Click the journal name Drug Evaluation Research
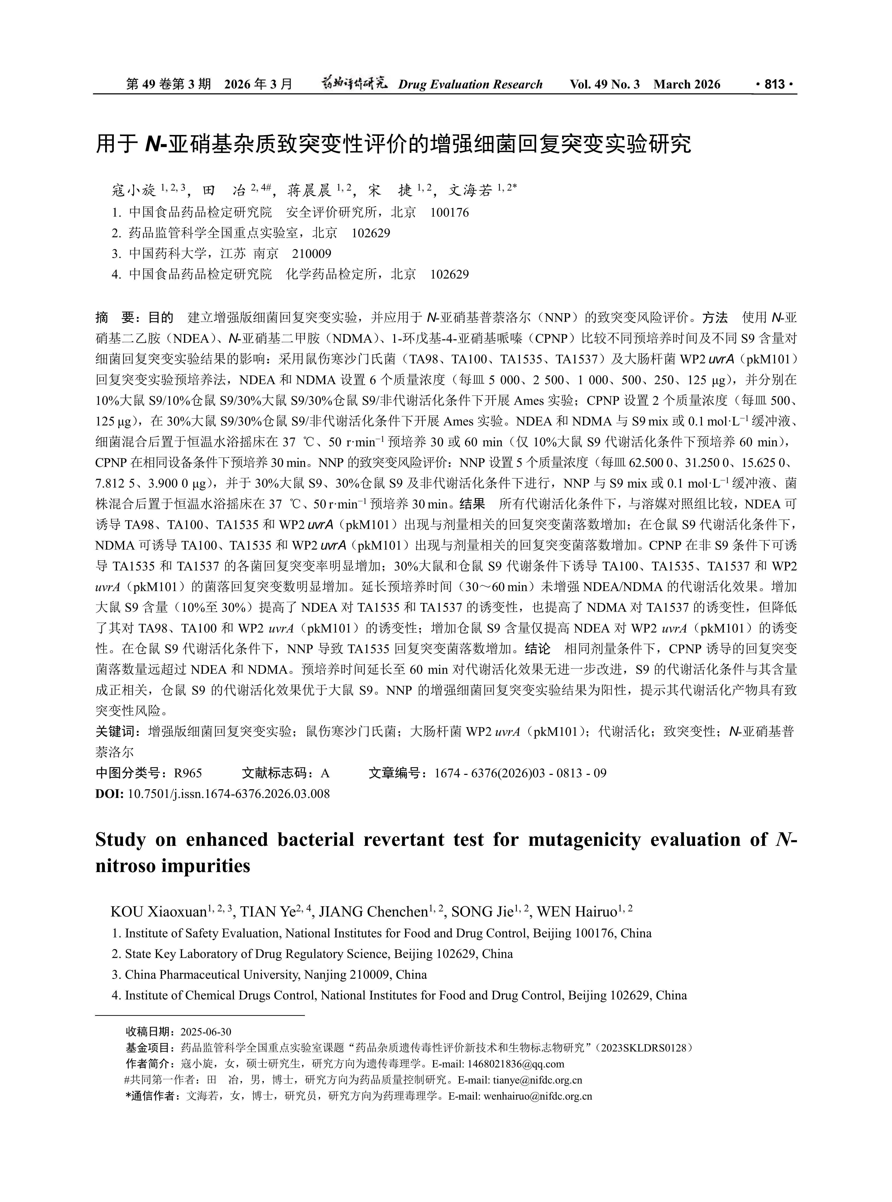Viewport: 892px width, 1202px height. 470,84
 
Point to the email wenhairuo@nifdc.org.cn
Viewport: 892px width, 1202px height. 538,1096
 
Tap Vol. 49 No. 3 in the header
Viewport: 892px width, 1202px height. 605,84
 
